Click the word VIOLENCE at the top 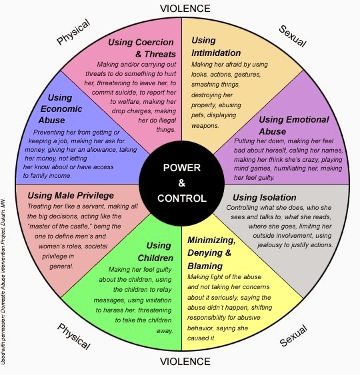coord(185,9)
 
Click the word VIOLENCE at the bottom coord(185,362)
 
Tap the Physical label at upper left coord(73,32)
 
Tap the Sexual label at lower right coord(293,335)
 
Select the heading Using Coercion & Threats coord(142,48)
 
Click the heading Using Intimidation coord(216,47)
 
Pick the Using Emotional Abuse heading coord(294,125)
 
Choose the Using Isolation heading coord(265,198)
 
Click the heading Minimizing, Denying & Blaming coord(211,253)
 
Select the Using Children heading coord(155,252)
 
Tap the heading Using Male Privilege coord(71,196)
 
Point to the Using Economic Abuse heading coord(60,109)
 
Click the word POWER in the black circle coord(182,168)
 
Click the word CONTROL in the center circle coord(182,198)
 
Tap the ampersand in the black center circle coord(182,183)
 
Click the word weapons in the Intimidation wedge coord(205,126)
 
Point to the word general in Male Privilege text coord(61,266)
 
